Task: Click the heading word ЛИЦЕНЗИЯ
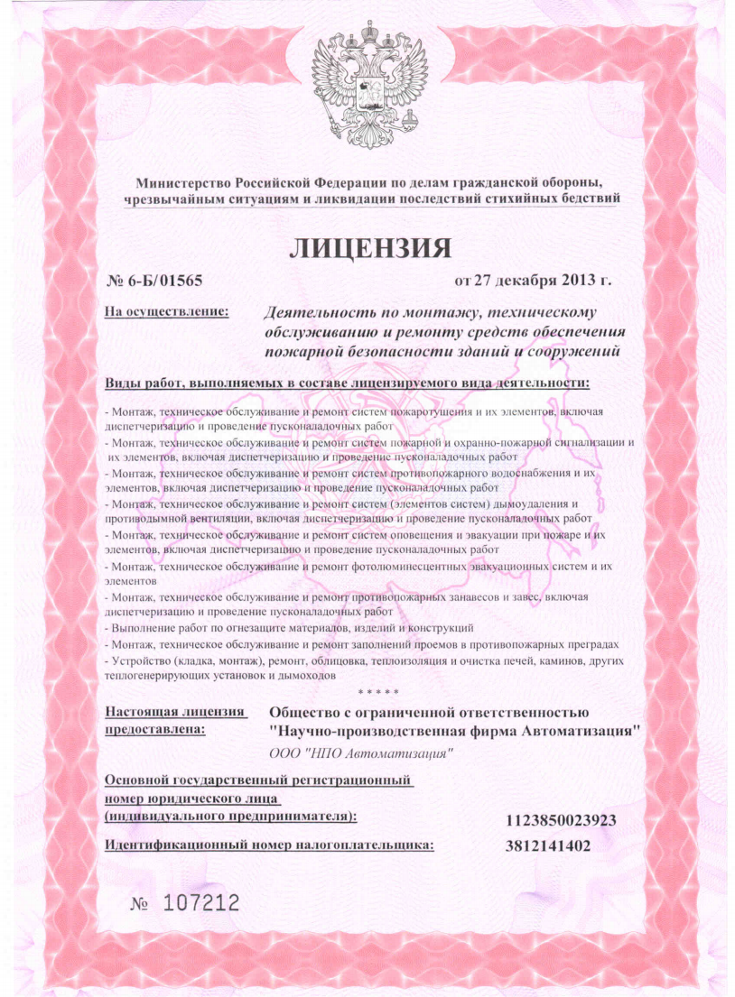coord(367,245)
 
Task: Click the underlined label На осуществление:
coord(167,313)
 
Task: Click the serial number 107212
coord(200,901)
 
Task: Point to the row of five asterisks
coord(374,692)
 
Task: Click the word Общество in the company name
coord(311,714)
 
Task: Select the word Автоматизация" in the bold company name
coord(582,732)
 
